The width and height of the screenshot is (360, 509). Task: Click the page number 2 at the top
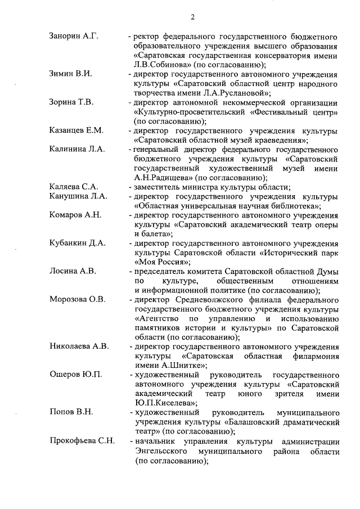point(192,17)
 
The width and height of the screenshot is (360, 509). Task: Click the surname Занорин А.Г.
point(74,37)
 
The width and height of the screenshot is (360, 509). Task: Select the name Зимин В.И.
point(70,74)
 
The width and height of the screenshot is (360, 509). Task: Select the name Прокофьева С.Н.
point(82,440)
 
